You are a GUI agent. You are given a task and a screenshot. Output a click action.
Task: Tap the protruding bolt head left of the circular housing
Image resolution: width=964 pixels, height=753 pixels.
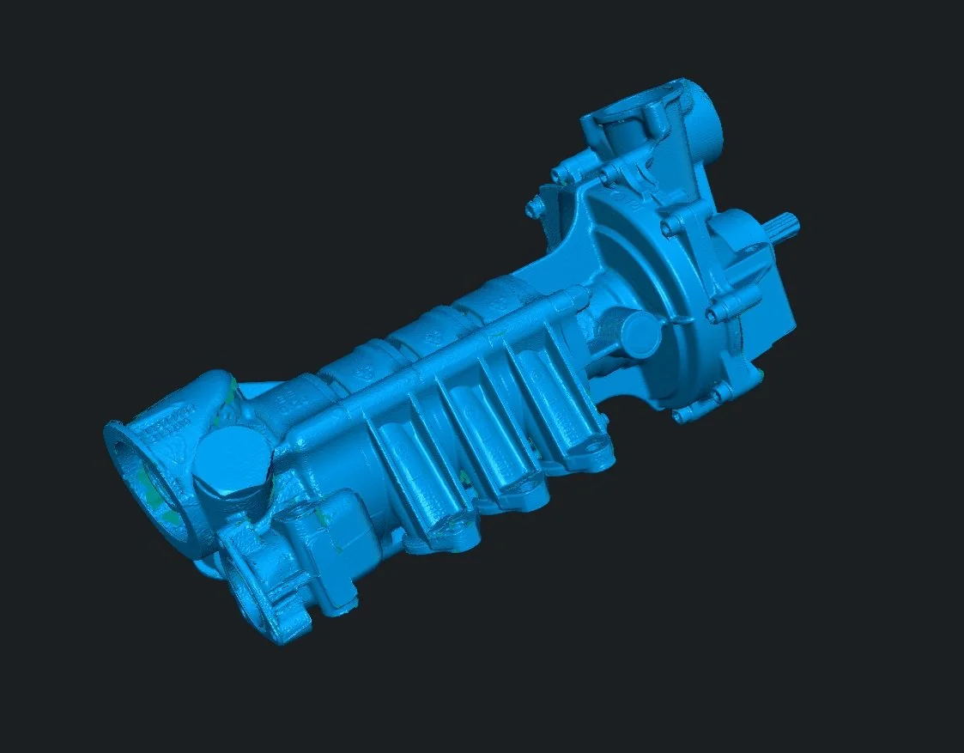point(537,207)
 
